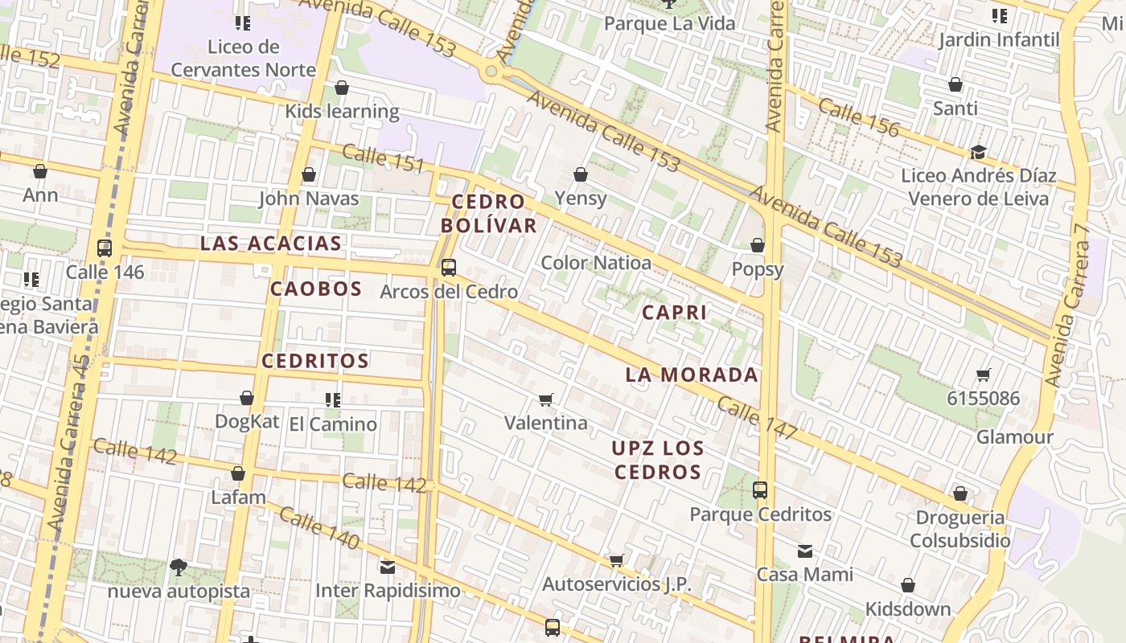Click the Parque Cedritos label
(x=760, y=514)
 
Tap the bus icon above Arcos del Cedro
(x=449, y=268)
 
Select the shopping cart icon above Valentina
(x=546, y=399)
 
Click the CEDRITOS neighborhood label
(x=315, y=361)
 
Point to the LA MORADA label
(x=692, y=375)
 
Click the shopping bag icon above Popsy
(x=757, y=245)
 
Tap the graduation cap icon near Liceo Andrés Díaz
(x=978, y=152)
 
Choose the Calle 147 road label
(x=756, y=418)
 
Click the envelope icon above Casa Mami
(x=805, y=551)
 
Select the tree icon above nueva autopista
(x=179, y=567)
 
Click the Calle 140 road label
(x=319, y=528)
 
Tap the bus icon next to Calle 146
(x=104, y=248)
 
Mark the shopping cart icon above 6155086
(x=983, y=375)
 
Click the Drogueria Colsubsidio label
(x=960, y=528)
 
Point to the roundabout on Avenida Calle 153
(x=490, y=72)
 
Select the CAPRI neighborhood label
(x=674, y=312)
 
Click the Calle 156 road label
(x=859, y=116)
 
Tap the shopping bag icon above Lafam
(x=238, y=474)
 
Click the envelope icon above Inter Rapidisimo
(x=388, y=567)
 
